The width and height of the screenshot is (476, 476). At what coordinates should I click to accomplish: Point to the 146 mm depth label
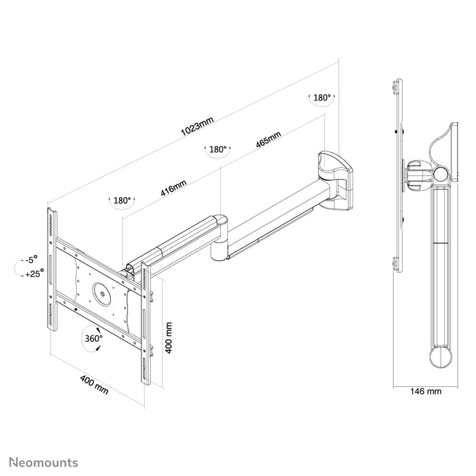pyautogui.click(x=424, y=391)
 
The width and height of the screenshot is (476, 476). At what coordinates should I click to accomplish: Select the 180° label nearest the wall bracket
pyautogui.click(x=321, y=98)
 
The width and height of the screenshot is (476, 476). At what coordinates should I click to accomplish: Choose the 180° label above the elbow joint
pyautogui.click(x=218, y=150)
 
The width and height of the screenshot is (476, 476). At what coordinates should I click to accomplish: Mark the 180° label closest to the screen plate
pyautogui.click(x=122, y=201)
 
